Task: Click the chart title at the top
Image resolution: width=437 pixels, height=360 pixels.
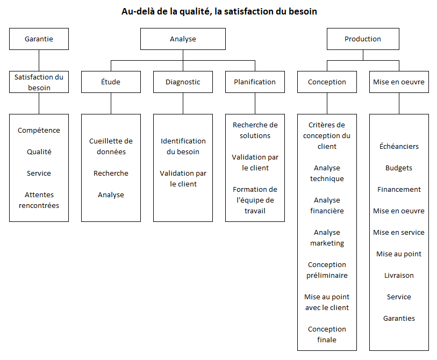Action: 219,11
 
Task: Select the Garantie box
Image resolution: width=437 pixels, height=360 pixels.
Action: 39,39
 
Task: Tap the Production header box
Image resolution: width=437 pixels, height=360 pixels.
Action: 363,39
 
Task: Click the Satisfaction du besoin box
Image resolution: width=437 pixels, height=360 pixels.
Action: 39,82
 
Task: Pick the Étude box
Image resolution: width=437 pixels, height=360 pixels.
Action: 111,82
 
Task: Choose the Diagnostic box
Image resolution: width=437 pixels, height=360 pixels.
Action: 183,82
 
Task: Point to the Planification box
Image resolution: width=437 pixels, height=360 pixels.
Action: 255,82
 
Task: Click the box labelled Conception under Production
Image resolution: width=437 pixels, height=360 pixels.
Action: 327,82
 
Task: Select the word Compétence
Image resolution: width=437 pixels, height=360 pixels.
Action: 39,131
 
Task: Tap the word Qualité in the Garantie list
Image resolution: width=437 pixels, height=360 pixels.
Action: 39,152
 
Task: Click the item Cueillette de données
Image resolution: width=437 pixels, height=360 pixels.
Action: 111,146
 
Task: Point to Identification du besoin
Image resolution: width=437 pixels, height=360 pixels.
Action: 183,146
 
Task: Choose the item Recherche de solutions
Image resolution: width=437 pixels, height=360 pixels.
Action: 255,130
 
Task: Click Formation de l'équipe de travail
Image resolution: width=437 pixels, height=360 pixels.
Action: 255,200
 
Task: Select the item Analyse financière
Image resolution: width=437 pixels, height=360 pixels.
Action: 327,205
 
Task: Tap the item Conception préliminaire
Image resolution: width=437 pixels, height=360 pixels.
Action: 327,270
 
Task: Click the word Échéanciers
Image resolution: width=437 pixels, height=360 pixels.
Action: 399,146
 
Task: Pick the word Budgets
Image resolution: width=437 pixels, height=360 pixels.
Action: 399,168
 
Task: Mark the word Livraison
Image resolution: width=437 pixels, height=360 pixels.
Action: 399,276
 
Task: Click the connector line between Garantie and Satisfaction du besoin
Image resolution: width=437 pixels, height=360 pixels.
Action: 39,61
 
